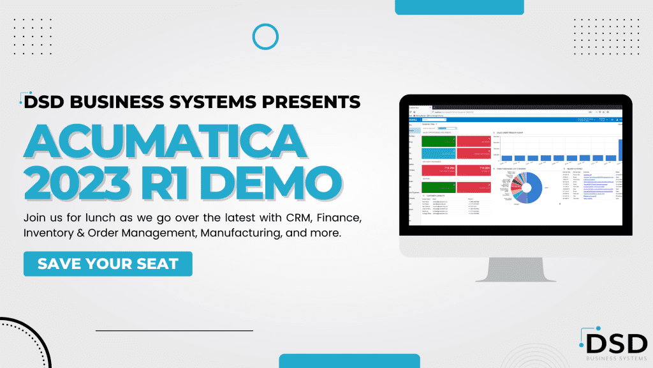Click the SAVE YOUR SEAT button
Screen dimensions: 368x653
point(108,263)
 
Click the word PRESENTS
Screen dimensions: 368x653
point(309,101)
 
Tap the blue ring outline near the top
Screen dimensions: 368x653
point(265,36)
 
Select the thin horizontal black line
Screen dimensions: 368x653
point(174,330)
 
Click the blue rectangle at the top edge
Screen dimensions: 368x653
point(459,6)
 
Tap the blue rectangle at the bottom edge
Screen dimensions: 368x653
point(349,362)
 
